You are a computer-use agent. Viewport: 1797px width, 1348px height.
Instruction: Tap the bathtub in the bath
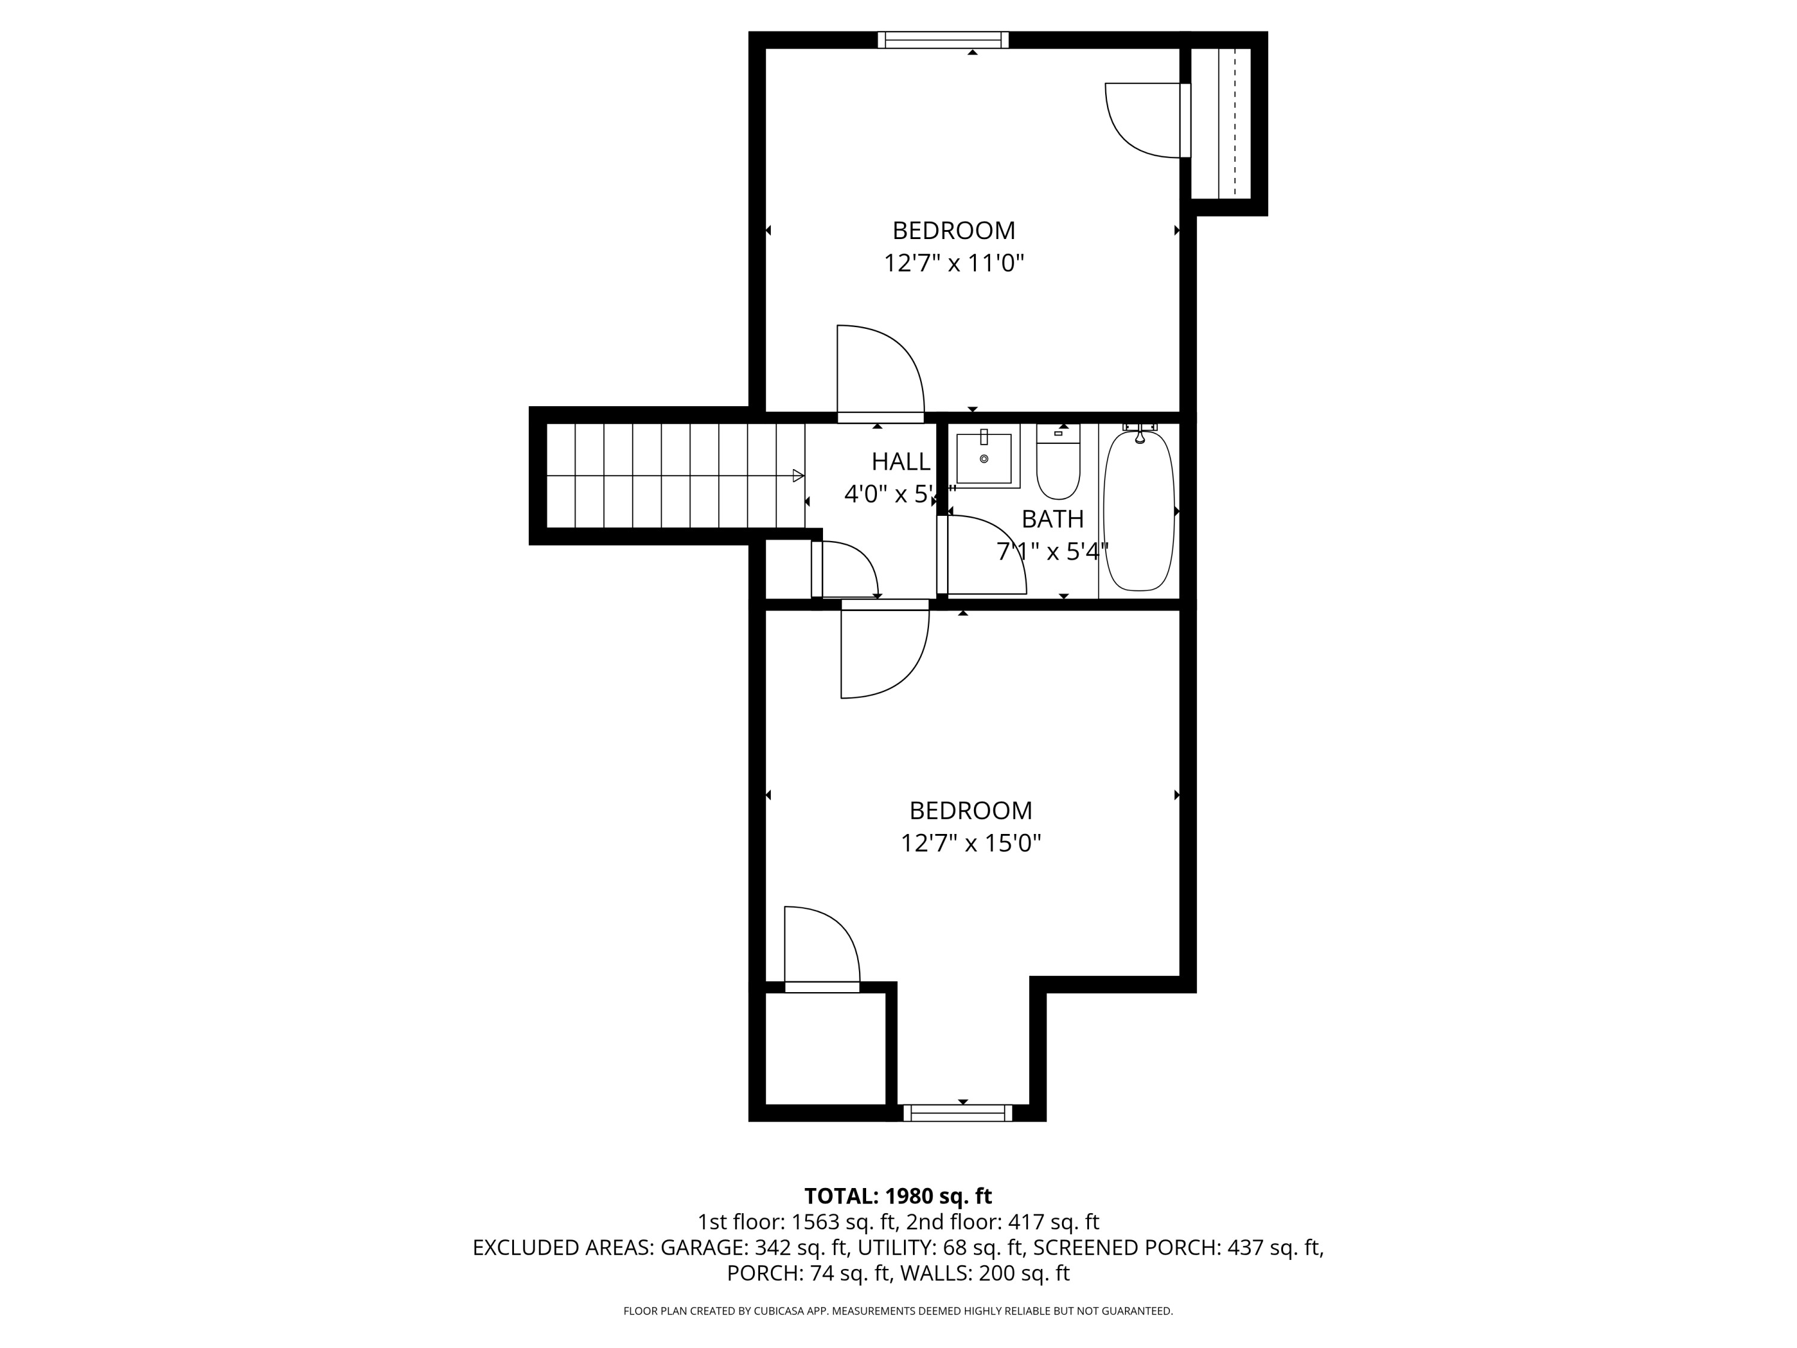click(x=1139, y=510)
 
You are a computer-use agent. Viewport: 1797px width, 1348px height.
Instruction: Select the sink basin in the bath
click(x=984, y=459)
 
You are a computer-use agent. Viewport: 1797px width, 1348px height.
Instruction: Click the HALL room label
click(x=900, y=461)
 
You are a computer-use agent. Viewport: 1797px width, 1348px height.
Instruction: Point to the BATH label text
click(x=1052, y=518)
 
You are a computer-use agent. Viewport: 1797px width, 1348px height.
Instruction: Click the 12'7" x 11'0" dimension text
click(x=954, y=263)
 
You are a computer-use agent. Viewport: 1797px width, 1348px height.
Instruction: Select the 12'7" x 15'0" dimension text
click(x=970, y=844)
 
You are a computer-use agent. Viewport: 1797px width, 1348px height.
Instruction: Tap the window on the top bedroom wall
click(x=942, y=40)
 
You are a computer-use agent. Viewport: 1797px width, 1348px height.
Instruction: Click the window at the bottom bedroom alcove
click(x=958, y=1113)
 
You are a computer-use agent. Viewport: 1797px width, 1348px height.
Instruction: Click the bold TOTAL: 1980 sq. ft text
click(x=898, y=1196)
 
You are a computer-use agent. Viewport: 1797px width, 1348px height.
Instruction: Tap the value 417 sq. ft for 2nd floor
click(x=1053, y=1222)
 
